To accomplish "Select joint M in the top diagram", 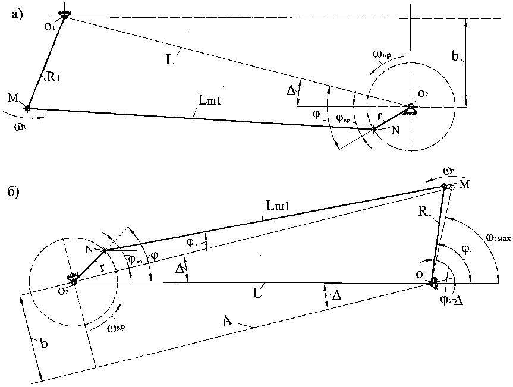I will (x=27, y=108).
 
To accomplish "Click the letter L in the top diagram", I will (x=172, y=61).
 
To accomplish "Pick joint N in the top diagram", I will (x=373, y=128).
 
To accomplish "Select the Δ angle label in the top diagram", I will (x=291, y=90).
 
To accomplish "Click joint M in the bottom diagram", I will (x=444, y=186).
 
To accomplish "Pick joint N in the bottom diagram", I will (x=104, y=251).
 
